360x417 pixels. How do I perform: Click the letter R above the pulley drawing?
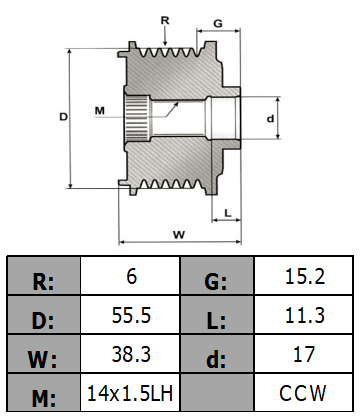point(164,20)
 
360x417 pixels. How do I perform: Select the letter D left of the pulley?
point(62,117)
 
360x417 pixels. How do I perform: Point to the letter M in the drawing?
point(99,108)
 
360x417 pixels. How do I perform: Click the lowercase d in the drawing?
point(271,118)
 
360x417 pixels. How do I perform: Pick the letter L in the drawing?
point(228,212)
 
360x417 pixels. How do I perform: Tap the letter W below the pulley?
point(178,235)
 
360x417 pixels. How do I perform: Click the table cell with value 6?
point(131,276)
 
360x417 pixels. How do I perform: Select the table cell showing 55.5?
point(131,316)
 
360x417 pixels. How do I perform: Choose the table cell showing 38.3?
point(131,355)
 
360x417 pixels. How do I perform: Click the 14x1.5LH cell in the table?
point(131,393)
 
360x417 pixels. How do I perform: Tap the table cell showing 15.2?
point(305,276)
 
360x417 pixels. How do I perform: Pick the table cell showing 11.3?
point(305,316)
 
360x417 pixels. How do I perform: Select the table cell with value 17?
point(305,355)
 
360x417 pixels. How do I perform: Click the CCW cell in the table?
point(305,393)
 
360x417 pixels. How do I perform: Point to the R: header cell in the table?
point(44,277)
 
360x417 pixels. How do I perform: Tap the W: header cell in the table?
point(44,356)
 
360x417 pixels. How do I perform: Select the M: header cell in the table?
point(44,397)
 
